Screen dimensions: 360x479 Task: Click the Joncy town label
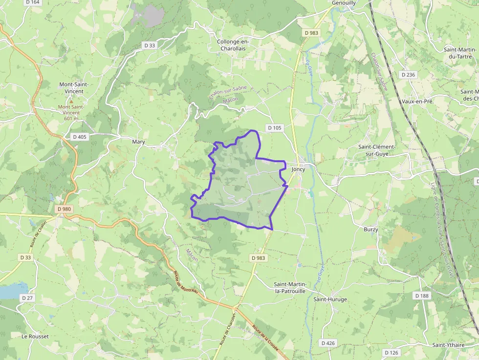click(298, 170)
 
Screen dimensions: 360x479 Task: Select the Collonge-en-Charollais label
click(233, 45)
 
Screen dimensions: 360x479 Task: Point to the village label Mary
click(139, 142)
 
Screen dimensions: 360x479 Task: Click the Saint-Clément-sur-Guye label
click(377, 150)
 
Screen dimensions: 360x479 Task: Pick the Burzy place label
click(371, 229)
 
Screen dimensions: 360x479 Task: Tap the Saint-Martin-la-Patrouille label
click(290, 288)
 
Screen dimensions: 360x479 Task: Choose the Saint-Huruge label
click(330, 299)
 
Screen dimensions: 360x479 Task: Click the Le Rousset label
click(35, 337)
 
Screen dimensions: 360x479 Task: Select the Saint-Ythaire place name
click(448, 345)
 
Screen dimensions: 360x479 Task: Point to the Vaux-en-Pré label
click(417, 101)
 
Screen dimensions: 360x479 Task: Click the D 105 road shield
click(275, 128)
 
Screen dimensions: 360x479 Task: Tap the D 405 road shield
click(79, 137)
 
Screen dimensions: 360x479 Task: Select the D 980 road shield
click(64, 209)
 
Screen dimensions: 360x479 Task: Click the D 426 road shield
click(328, 343)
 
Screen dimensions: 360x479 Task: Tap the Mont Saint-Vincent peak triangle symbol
click(71, 101)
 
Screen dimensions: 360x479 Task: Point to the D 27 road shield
click(27, 298)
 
